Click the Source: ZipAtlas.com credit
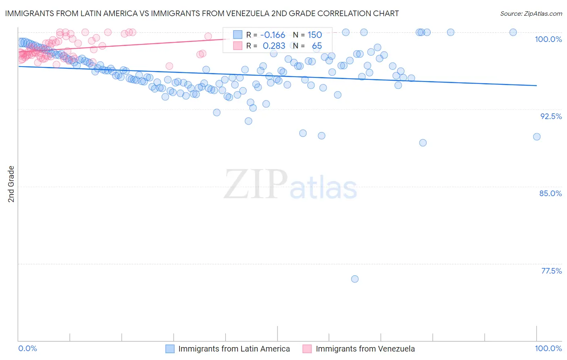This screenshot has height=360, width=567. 531,14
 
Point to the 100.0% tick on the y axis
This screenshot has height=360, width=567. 548,39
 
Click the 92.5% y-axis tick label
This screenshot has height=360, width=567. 551,116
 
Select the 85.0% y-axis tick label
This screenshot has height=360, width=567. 550,193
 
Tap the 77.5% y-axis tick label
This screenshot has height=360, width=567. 551,271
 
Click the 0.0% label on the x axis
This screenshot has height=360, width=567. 28,348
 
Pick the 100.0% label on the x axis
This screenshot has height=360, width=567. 548,348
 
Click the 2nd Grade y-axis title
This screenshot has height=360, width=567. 11,184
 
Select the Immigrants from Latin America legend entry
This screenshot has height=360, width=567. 234,349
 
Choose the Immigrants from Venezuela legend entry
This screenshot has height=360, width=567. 365,349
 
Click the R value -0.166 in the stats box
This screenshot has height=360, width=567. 273,35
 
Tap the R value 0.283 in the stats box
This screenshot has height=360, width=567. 274,46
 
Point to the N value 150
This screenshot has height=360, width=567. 315,35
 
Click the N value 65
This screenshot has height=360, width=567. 317,46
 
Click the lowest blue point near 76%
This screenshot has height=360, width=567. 355,279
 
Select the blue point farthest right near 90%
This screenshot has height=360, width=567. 537,137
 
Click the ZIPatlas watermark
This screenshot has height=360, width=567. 290,185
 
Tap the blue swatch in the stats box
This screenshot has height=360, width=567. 238,35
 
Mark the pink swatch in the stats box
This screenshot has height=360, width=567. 238,46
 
